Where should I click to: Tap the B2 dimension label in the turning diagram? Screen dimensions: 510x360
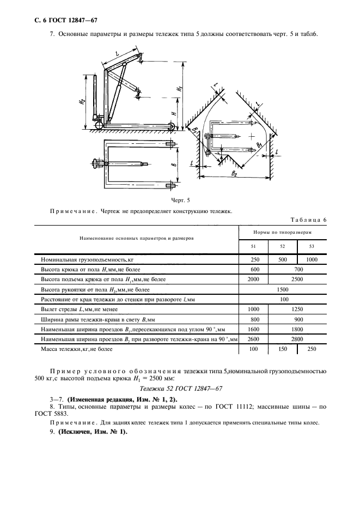[234, 172]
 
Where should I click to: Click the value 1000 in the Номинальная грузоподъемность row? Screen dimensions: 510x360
[312, 260]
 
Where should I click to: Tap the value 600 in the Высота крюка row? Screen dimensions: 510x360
[253, 270]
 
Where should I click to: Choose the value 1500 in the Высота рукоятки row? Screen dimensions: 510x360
[283, 290]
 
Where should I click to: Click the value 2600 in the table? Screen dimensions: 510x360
[253, 338]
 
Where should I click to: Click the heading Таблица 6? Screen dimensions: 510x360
[308, 220]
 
